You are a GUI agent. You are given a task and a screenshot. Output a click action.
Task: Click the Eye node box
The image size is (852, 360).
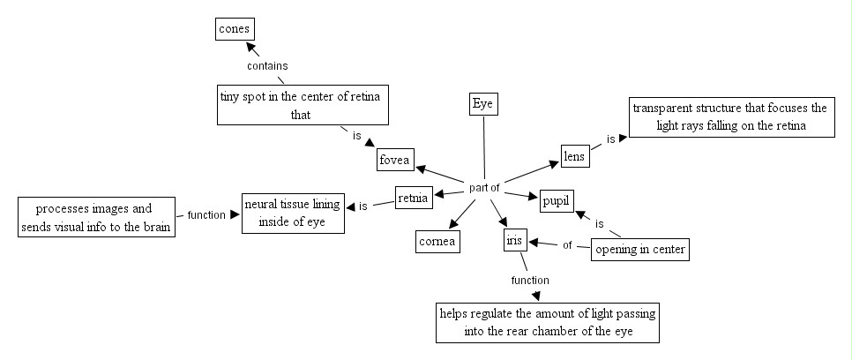(x=482, y=104)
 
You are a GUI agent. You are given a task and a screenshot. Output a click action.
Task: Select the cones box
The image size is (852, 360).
(x=234, y=29)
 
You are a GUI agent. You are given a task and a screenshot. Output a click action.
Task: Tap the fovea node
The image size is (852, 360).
(x=395, y=160)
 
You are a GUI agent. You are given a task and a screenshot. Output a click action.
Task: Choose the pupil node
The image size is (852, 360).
(x=556, y=201)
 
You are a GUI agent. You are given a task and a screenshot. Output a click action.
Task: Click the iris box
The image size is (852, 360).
(x=515, y=239)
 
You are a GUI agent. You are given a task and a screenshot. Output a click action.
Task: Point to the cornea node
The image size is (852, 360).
(x=438, y=240)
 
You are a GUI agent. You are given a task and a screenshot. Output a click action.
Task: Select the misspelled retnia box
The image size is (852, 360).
(x=413, y=198)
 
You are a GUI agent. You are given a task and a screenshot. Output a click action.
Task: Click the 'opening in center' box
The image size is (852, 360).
(x=639, y=251)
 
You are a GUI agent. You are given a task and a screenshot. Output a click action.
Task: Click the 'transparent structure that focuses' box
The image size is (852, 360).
(x=729, y=117)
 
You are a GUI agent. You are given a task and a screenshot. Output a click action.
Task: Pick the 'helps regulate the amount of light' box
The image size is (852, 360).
(x=548, y=323)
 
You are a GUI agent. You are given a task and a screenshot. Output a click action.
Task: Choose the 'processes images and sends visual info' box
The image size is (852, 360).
(x=94, y=217)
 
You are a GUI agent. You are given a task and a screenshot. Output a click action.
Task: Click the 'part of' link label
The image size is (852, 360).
(x=484, y=187)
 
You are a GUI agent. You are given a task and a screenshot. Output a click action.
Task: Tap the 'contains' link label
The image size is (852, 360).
(x=267, y=65)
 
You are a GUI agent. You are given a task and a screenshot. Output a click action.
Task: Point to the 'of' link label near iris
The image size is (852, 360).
(x=567, y=245)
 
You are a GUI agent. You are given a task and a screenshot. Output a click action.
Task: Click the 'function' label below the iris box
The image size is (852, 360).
(x=529, y=280)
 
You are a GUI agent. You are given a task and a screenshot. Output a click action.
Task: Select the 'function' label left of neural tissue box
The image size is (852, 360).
(x=206, y=214)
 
